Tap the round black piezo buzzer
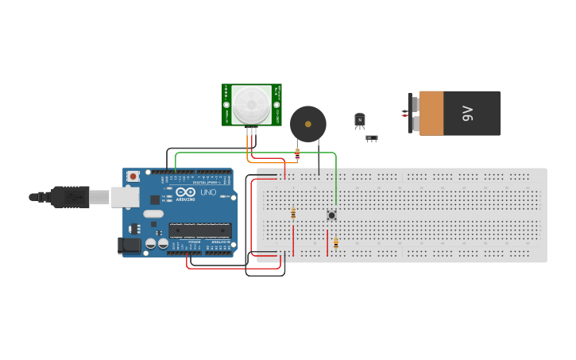[307, 124]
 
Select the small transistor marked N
[360, 120]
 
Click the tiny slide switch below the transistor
[371, 138]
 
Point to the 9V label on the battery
[467, 113]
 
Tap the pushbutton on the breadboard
[331, 215]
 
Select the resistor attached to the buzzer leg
[297, 154]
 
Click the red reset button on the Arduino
[133, 176]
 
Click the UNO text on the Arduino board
[207, 193]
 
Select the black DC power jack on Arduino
[129, 246]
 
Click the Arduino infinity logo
[186, 193]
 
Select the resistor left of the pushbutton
[293, 213]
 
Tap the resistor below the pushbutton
[335, 243]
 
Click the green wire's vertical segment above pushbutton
[335, 183]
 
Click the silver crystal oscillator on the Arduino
[153, 213]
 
